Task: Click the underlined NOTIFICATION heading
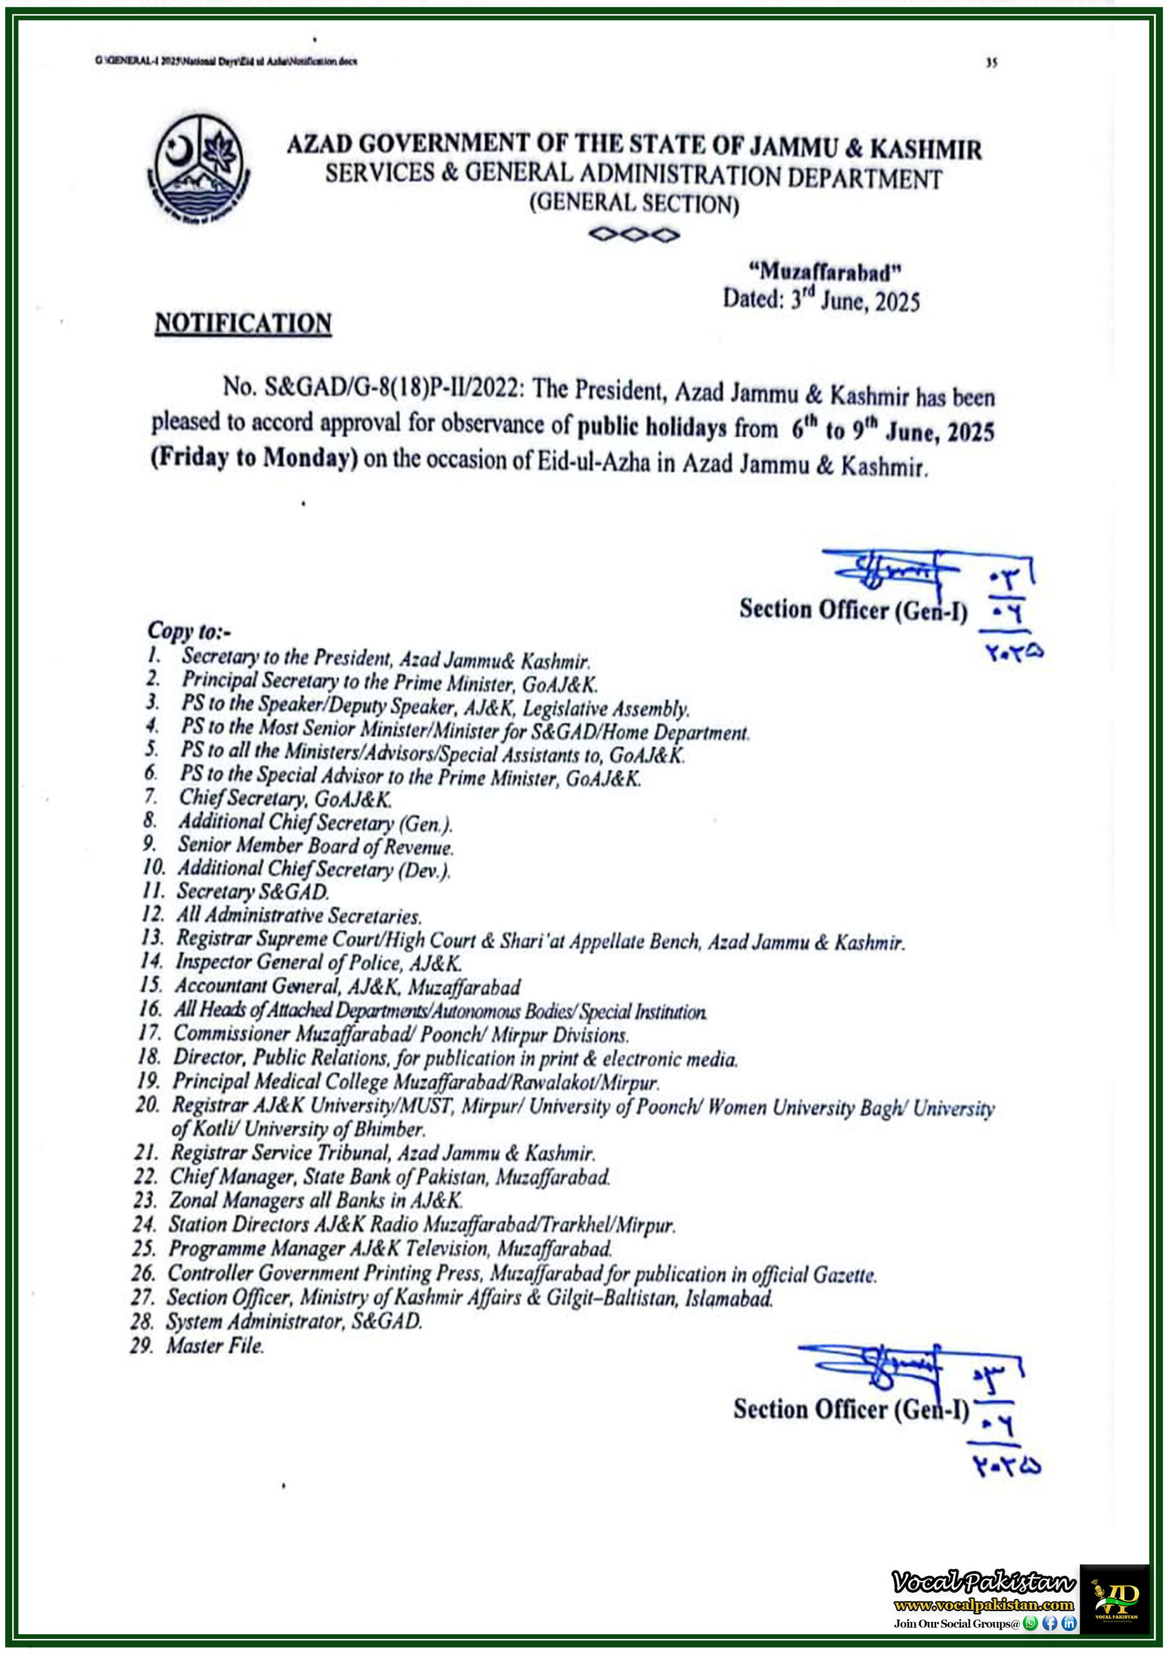click(x=243, y=323)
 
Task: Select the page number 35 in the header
click(x=991, y=63)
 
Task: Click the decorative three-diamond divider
click(x=633, y=235)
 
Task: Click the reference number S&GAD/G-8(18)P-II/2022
click(x=392, y=387)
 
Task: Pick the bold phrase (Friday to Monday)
click(x=254, y=458)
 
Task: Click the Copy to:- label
click(x=189, y=631)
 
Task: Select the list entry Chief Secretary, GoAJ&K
click(x=286, y=798)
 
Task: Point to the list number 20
click(x=148, y=1104)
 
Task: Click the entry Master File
click(x=215, y=1345)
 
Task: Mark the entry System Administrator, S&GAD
click(x=294, y=1321)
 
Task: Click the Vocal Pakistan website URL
click(x=983, y=1605)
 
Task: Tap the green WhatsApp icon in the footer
click(x=1030, y=1623)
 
